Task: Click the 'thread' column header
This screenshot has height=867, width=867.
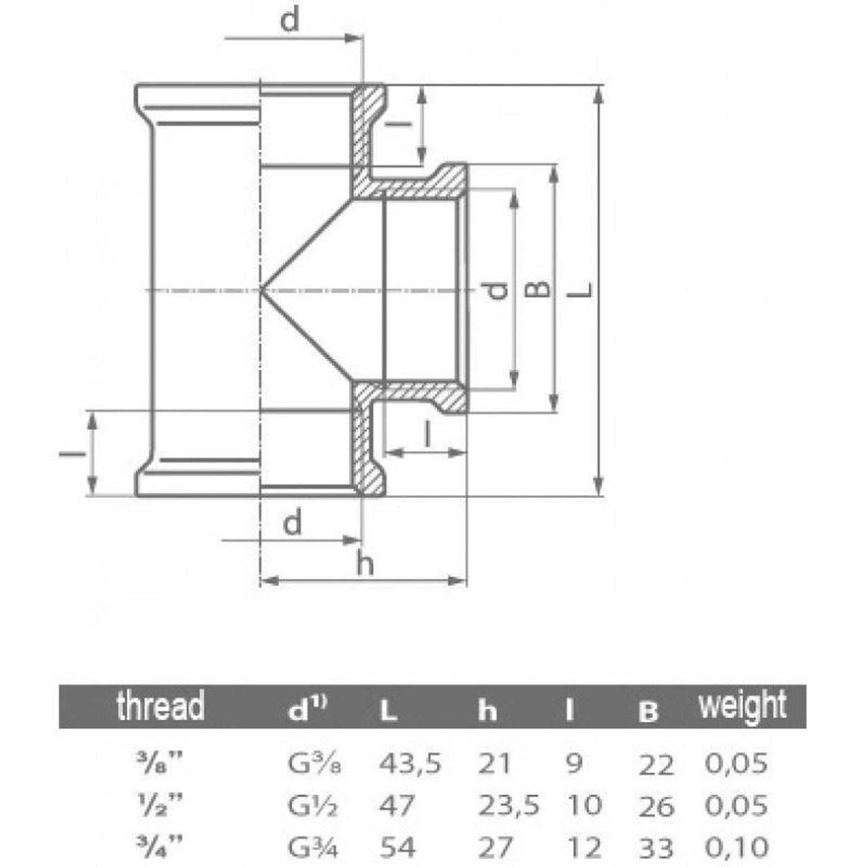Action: point(160,706)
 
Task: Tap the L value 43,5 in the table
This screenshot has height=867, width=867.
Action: point(410,763)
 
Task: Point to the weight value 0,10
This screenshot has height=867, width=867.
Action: point(736,846)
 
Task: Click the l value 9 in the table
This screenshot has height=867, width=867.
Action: point(574,763)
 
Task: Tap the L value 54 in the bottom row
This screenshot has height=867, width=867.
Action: point(397,846)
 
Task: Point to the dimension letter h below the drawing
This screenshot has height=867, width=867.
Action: point(366,565)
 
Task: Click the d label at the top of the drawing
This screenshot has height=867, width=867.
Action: point(289,21)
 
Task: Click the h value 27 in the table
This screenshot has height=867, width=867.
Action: point(495,846)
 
